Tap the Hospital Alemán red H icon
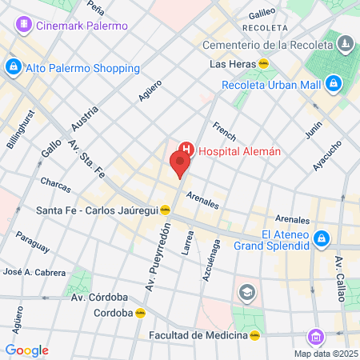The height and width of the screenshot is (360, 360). [186, 149]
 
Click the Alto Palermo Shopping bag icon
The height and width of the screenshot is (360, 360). [13, 67]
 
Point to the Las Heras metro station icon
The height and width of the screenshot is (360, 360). [264, 63]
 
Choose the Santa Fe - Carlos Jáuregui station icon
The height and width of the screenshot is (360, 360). [166, 210]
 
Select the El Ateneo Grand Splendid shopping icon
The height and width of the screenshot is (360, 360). [322, 238]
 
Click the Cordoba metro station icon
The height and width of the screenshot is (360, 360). [141, 313]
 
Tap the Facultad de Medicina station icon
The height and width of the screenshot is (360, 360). [254, 335]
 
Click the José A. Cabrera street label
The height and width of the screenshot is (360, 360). [34, 273]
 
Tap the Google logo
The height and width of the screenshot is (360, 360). [26, 350]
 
